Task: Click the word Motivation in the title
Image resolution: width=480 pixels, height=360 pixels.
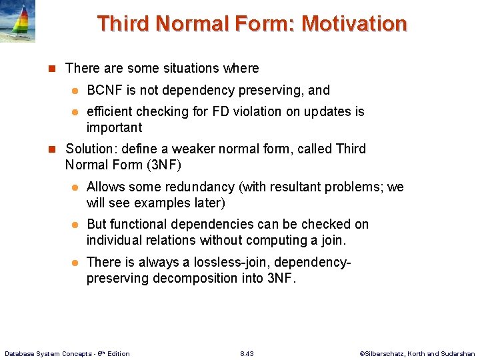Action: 353,24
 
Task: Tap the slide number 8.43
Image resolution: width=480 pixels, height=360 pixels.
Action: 247,353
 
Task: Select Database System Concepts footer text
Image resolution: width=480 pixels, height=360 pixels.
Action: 67,353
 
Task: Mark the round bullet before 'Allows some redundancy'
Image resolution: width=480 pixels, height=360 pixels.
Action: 76,187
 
